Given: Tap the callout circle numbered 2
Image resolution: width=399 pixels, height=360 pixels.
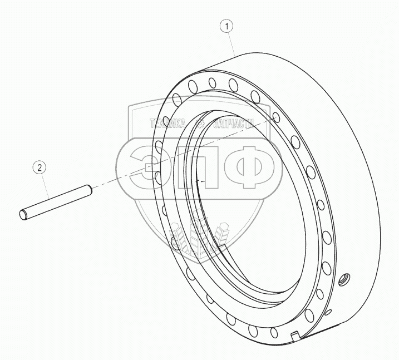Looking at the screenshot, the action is tap(40, 167).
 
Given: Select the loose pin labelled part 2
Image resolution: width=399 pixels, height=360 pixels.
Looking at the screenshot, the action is tap(56, 203).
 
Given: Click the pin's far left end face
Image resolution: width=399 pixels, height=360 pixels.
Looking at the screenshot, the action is tap(23, 215).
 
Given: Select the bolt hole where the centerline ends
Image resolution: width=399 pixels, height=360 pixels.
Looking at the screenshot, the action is tap(276, 117).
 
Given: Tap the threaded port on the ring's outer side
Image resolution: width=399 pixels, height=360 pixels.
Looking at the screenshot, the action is tap(345, 279).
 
